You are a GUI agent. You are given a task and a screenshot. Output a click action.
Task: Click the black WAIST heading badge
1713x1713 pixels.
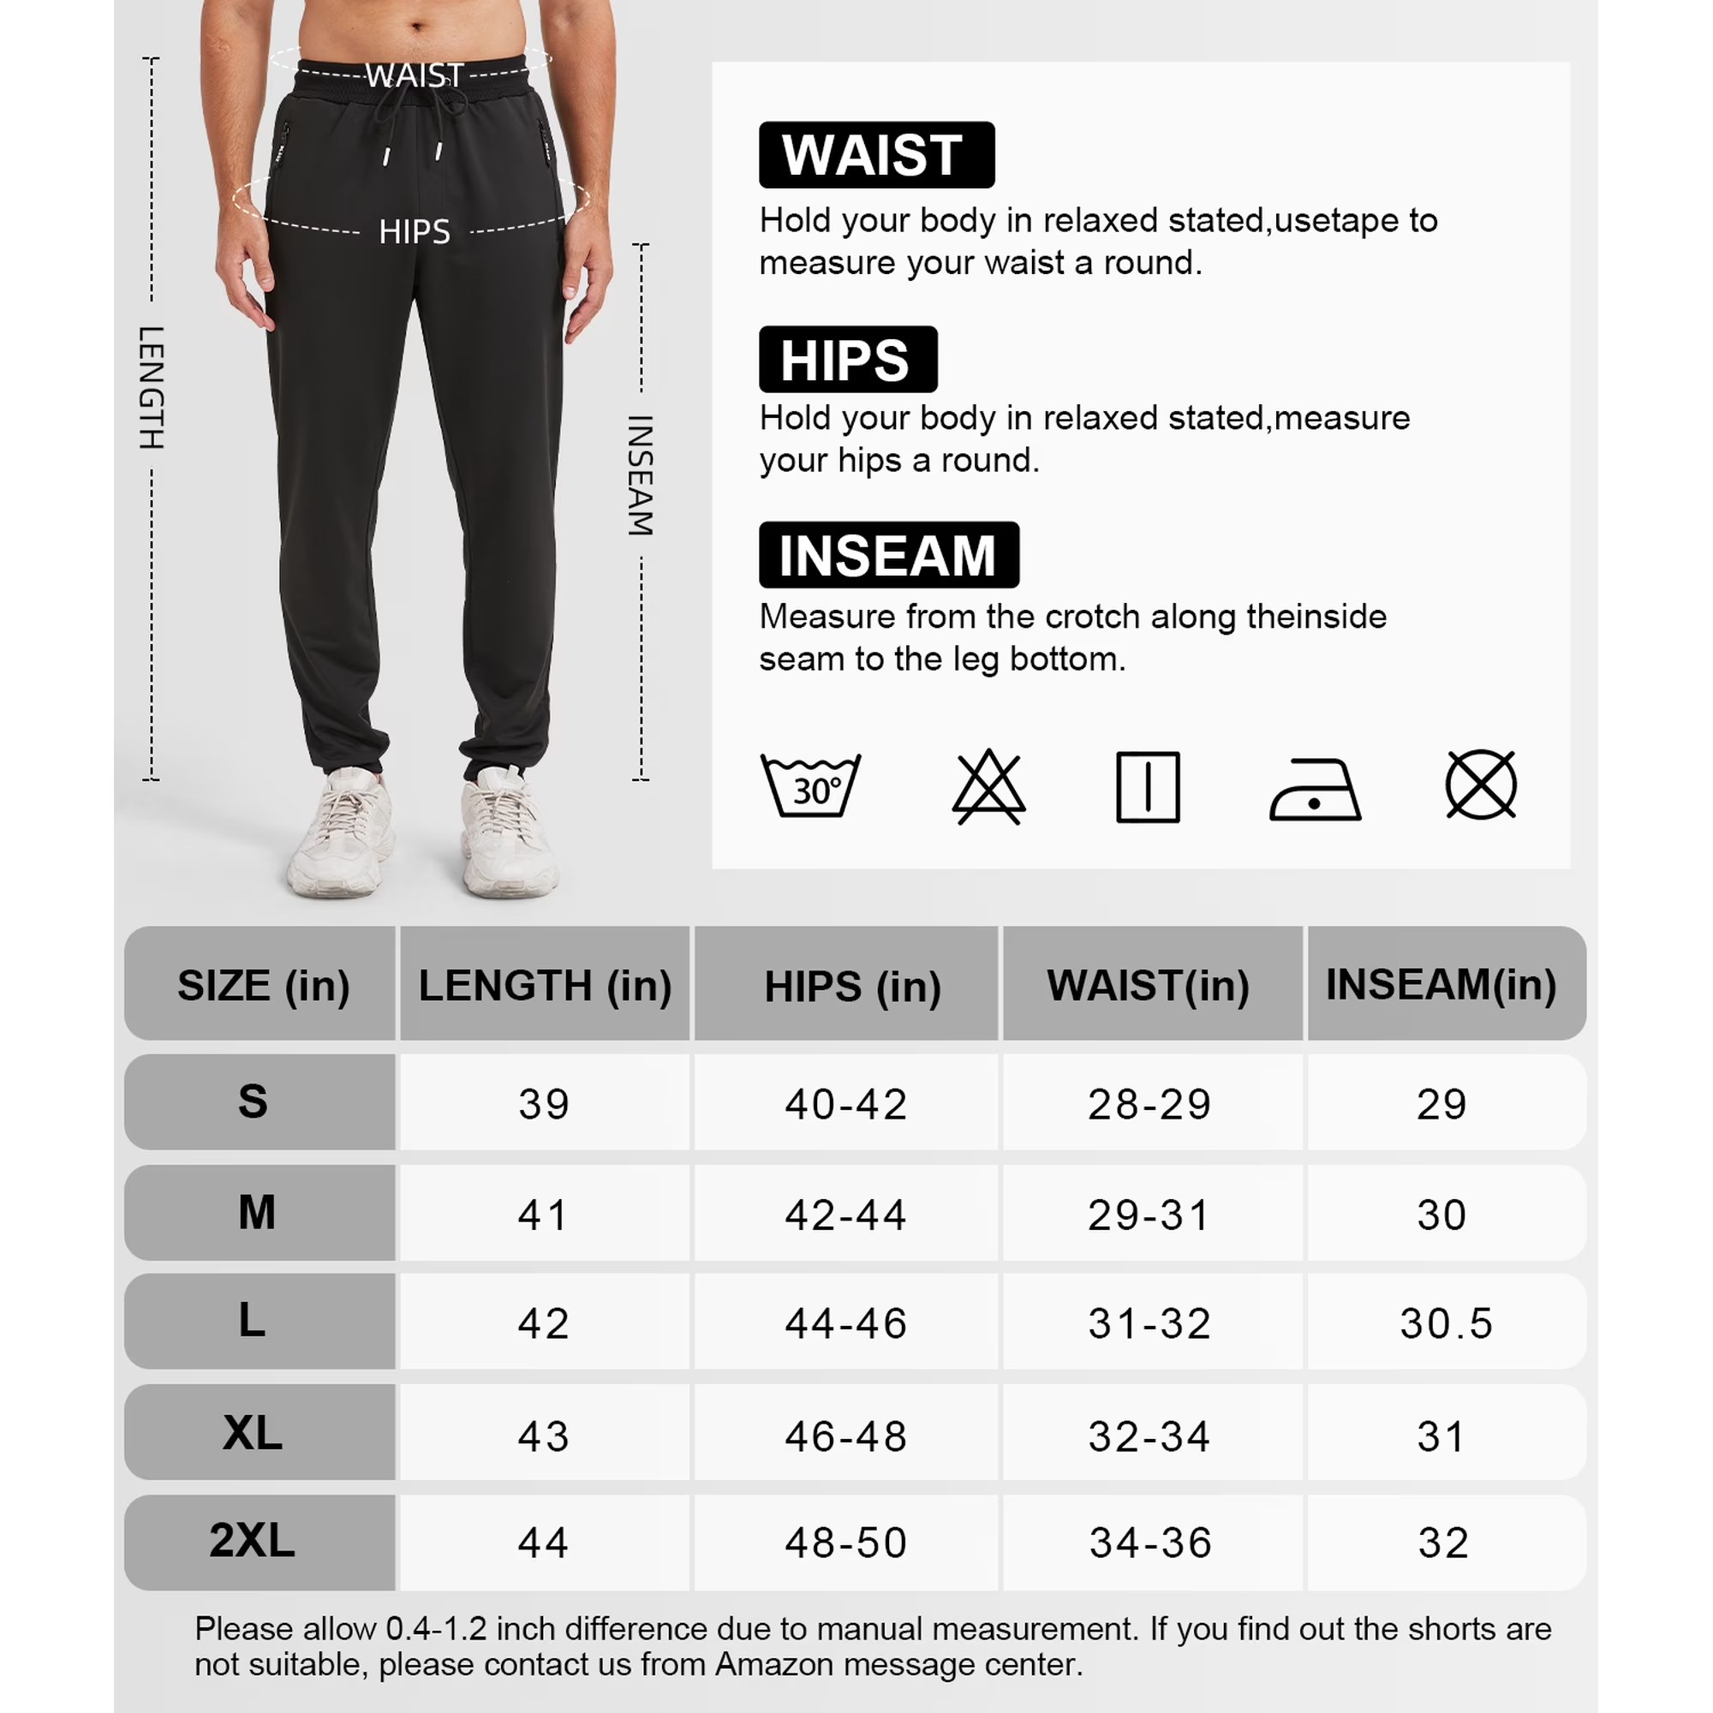point(876,155)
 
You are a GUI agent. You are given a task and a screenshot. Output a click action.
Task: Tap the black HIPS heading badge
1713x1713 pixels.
point(847,359)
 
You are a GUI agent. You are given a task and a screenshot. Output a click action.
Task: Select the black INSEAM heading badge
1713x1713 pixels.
point(888,555)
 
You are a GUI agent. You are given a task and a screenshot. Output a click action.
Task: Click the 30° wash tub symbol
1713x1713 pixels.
point(810,786)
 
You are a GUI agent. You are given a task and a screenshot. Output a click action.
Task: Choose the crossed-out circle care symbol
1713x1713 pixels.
point(1481,785)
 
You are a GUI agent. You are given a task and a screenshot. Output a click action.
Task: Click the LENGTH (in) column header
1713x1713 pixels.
point(545,985)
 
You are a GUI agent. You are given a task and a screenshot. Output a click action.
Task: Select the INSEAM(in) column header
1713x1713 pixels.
point(1441,984)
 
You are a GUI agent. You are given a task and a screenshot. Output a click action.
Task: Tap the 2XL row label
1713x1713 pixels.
point(253,1541)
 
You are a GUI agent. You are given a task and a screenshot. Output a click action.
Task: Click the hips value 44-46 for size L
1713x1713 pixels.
point(846,1324)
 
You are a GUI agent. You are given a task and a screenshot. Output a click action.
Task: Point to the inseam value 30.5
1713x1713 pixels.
point(1446,1324)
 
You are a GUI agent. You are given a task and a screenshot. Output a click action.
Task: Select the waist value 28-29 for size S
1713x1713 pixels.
point(1149,1104)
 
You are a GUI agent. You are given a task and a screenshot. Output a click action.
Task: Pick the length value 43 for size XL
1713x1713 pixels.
point(544,1436)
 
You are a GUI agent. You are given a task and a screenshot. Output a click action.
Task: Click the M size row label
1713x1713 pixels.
point(257,1212)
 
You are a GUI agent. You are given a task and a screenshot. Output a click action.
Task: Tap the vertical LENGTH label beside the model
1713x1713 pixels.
point(152,387)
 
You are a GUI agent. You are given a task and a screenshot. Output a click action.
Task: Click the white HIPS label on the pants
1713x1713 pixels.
point(414,232)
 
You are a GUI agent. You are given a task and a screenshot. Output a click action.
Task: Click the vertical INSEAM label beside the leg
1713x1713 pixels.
point(640,475)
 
